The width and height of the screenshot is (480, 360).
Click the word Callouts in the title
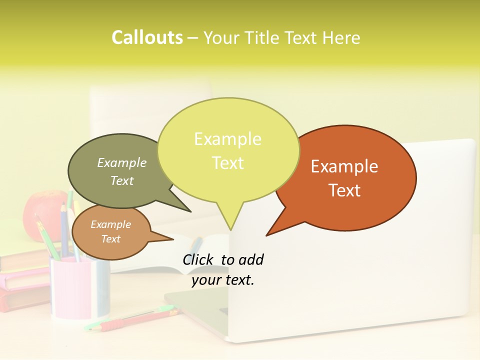click(147, 37)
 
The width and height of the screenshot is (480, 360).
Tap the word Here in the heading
click(342, 37)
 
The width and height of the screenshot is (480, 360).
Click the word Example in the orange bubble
click(344, 166)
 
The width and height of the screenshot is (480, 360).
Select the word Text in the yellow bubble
click(228, 163)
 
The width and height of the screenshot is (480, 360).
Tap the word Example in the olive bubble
click(122, 162)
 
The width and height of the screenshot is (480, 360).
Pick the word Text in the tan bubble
click(111, 239)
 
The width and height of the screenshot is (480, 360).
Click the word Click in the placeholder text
click(197, 259)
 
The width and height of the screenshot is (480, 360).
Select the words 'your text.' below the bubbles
click(223, 280)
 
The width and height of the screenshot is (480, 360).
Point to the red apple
click(42, 210)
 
